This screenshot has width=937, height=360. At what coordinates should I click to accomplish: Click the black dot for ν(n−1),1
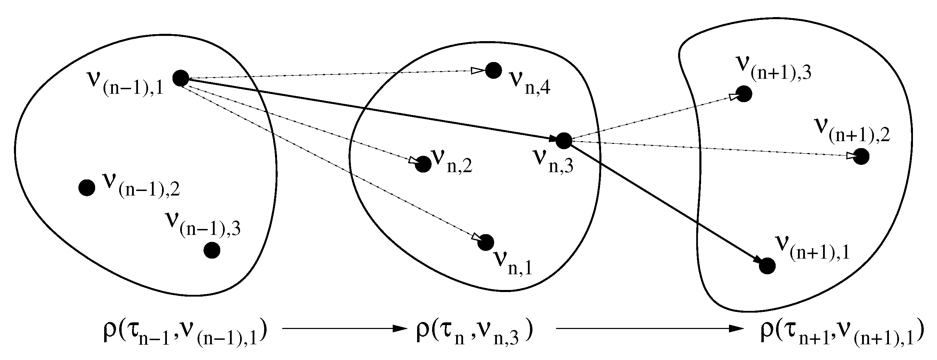181,78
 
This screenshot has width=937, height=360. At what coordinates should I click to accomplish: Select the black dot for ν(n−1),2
87,187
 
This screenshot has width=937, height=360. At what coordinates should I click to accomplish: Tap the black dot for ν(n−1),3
212,250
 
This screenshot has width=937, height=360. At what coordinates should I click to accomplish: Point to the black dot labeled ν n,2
423,164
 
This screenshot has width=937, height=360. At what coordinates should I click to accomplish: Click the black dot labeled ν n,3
564,141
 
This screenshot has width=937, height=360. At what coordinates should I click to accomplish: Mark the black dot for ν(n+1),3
744,94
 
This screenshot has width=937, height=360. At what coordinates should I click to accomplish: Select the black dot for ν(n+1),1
768,266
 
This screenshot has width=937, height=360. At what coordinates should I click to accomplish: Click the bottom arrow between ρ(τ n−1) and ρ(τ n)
344,329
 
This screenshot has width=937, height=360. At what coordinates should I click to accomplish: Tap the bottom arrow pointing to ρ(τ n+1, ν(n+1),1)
649,329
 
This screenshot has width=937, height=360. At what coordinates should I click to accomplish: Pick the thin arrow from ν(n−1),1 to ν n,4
335,74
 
